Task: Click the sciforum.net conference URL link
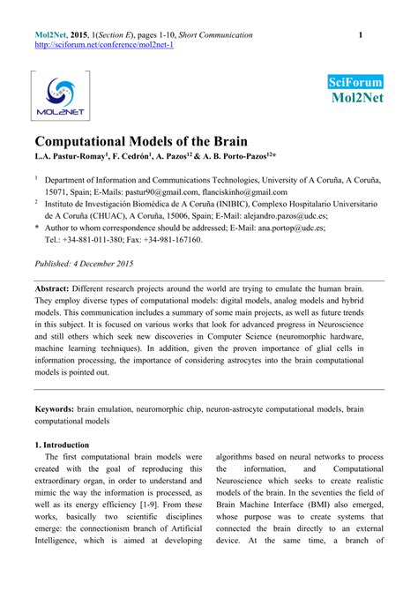104,45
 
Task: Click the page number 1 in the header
361,34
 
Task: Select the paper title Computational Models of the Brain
141,142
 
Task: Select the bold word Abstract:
58,288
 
